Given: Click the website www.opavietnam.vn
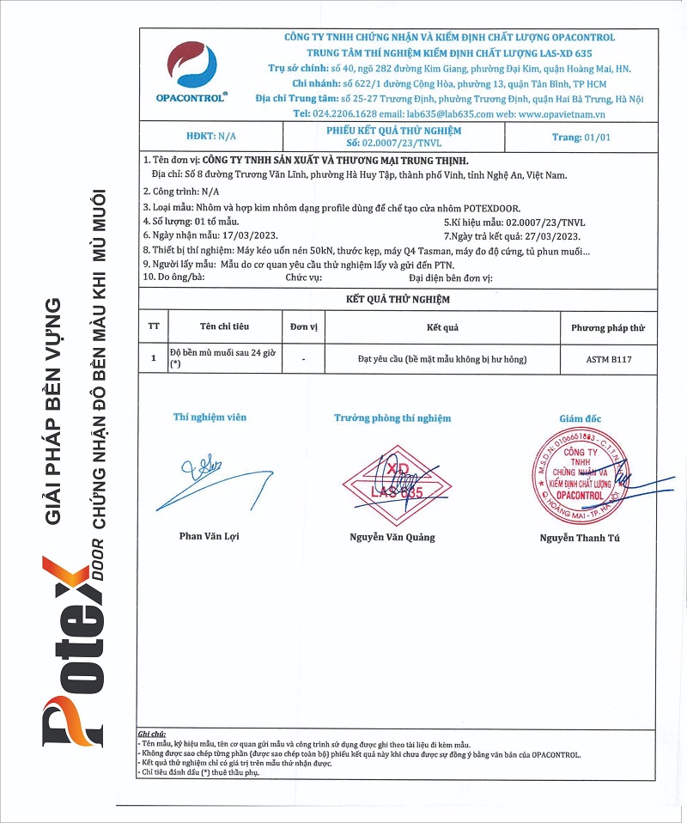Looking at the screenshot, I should pos(562,113).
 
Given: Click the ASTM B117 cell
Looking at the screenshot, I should pos(602,359).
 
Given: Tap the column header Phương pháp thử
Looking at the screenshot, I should pos(602,327).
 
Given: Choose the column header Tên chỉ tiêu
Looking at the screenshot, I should pos(224,327).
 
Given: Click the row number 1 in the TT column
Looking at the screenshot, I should pos(153,358).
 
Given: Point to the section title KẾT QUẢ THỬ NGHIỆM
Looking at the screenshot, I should pos(398,299).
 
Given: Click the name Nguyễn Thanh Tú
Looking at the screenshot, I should pos(580,538).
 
